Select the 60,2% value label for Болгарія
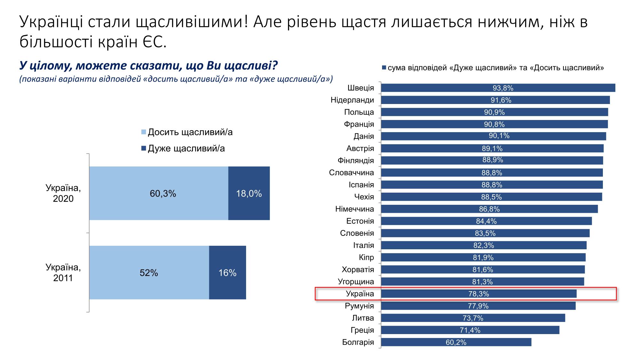[456, 342]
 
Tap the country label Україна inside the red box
[360, 294]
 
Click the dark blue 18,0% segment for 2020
[249, 193]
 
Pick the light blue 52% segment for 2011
[149, 273]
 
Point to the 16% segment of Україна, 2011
[228, 273]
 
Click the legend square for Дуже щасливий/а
[144, 148]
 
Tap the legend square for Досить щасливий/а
[144, 132]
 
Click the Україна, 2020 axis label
[63, 193]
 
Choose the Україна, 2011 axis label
[63, 273]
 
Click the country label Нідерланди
[352, 100]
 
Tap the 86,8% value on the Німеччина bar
[489, 209]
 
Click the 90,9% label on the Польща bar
[494, 112]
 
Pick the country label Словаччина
[351, 173]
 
